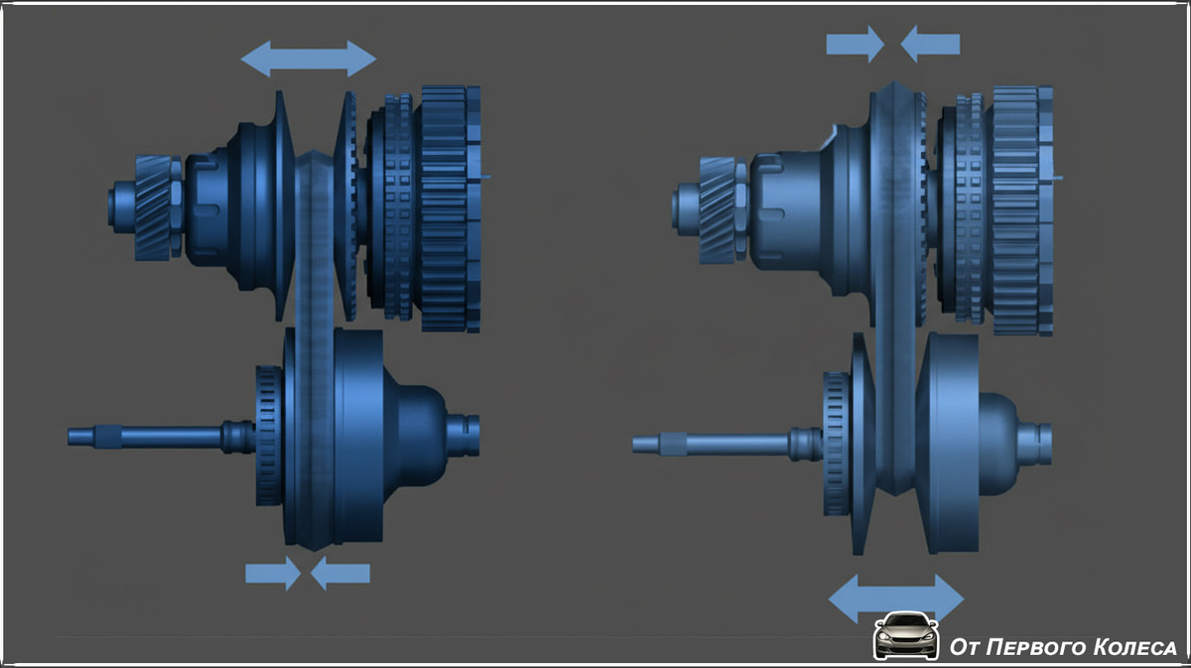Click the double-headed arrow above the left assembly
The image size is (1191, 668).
pos(309,59)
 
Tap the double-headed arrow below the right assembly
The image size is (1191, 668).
pos(896,600)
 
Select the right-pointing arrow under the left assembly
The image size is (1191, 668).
pos(273,574)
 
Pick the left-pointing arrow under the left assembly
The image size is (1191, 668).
pos(340,574)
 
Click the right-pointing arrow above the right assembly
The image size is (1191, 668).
pos(855,44)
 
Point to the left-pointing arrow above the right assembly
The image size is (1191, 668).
pos(930,44)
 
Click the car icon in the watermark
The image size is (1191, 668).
pos(906,636)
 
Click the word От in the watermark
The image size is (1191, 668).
pos(965,647)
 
